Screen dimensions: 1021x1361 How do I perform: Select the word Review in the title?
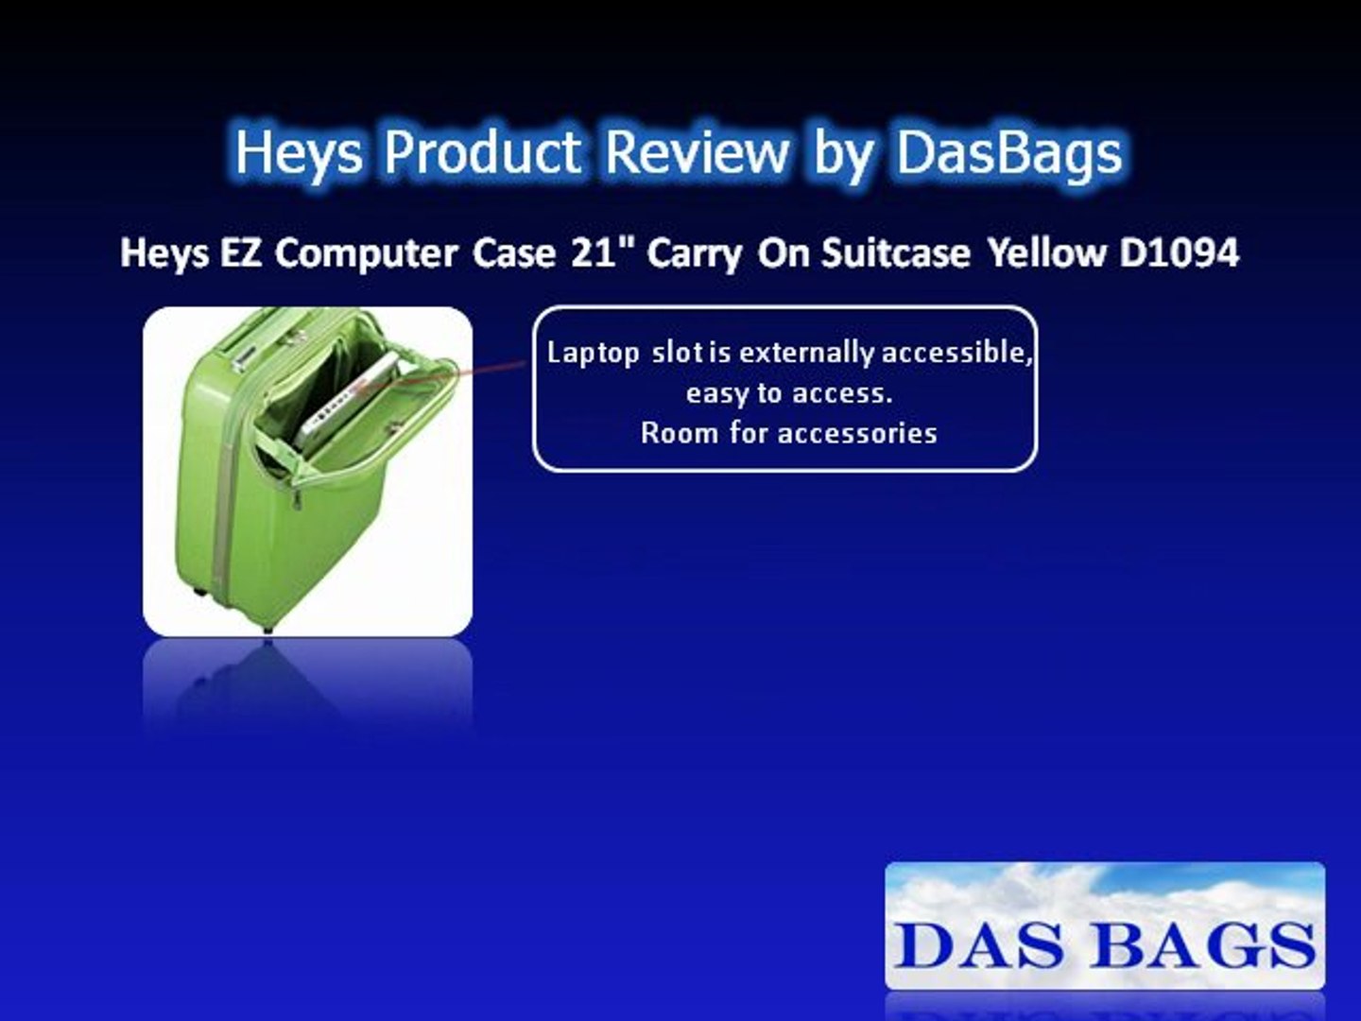click(x=697, y=151)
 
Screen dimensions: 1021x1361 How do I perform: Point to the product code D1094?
click(x=1179, y=252)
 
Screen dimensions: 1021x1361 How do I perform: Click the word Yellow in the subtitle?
click(x=1046, y=252)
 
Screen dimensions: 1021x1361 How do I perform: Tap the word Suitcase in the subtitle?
click(x=895, y=252)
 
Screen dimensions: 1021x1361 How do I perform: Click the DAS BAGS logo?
click(x=1104, y=926)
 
